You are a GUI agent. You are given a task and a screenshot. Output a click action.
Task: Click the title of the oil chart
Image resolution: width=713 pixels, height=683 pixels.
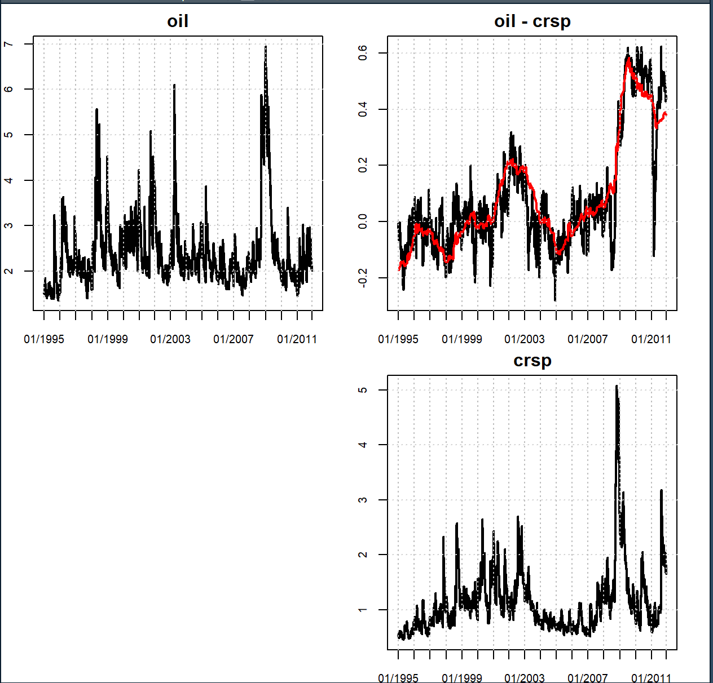pyautogui.click(x=178, y=21)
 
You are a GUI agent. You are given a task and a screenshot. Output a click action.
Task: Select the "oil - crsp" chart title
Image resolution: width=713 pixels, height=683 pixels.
pyautogui.click(x=532, y=21)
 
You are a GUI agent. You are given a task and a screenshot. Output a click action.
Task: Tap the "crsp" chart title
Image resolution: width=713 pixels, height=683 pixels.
pyautogui.click(x=532, y=360)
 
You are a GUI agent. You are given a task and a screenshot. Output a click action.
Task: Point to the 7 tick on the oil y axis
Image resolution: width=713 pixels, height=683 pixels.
pyautogui.click(x=8, y=44)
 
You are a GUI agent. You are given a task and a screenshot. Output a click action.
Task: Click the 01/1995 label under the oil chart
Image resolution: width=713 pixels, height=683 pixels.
pyautogui.click(x=44, y=339)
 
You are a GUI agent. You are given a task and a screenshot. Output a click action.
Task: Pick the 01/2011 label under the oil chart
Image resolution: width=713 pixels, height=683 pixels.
pyautogui.click(x=297, y=339)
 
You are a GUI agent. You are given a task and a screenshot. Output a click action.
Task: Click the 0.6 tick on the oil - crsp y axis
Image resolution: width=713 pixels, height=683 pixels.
pyautogui.click(x=363, y=53)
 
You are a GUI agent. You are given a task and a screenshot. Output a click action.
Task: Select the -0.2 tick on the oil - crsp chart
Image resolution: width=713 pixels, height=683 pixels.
pyautogui.click(x=363, y=277)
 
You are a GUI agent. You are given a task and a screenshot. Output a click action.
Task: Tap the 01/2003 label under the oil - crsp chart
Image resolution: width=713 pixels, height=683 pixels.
pyautogui.click(x=525, y=339)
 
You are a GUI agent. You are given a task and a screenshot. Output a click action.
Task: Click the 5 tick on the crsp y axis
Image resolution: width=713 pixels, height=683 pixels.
pyautogui.click(x=363, y=390)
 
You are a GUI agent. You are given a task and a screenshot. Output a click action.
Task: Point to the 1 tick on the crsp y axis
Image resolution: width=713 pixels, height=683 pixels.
pyautogui.click(x=363, y=610)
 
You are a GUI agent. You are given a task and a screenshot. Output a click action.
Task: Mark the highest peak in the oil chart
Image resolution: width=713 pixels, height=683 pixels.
pyautogui.click(x=266, y=47)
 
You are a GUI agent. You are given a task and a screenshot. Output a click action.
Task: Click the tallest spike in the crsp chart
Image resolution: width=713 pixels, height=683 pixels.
pyautogui.click(x=617, y=387)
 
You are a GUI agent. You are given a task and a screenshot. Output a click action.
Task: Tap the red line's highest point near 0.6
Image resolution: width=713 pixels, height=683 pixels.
pyautogui.click(x=628, y=60)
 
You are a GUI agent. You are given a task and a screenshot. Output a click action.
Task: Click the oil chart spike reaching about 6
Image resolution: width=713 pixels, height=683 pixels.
pyautogui.click(x=174, y=86)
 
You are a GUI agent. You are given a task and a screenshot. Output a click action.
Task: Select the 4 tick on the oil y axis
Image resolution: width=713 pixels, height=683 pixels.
pyautogui.click(x=8, y=180)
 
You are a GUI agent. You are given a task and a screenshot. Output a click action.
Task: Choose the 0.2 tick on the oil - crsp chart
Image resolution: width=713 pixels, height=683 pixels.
pyautogui.click(x=363, y=165)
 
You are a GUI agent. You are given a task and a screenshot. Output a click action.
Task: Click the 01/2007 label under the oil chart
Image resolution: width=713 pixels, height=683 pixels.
pyautogui.click(x=234, y=339)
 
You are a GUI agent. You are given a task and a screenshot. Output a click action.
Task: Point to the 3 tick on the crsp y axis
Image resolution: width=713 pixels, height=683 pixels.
pyautogui.click(x=363, y=500)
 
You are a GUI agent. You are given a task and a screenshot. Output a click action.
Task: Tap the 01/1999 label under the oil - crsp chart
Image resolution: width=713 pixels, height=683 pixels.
pyautogui.click(x=462, y=339)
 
